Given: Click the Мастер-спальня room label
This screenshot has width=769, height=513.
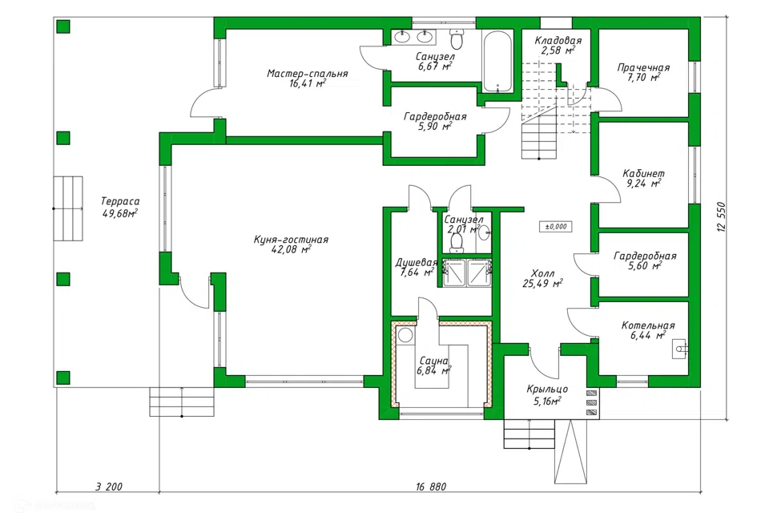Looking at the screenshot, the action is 308,74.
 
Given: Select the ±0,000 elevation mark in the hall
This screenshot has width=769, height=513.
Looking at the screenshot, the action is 556,227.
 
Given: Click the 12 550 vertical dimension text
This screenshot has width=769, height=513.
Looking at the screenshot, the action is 721,216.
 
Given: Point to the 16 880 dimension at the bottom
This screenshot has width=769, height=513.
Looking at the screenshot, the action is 431,487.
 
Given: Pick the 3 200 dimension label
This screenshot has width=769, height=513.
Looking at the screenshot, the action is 108,487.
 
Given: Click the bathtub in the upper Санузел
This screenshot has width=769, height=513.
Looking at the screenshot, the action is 497,62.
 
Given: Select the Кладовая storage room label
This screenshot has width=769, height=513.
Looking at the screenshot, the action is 558,41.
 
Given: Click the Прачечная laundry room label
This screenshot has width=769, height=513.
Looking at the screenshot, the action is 643,68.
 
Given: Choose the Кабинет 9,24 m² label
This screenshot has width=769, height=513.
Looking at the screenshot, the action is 643,179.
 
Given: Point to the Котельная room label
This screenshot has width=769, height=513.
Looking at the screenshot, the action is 648,325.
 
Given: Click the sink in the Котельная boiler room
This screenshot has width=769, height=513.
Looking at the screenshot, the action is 681,349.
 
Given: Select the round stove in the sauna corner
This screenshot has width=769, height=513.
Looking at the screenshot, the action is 405,336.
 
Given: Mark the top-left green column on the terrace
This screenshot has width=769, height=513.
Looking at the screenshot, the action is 62,26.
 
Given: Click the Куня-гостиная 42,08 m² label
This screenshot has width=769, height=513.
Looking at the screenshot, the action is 291,244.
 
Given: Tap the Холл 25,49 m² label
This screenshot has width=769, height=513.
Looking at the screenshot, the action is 542,278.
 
